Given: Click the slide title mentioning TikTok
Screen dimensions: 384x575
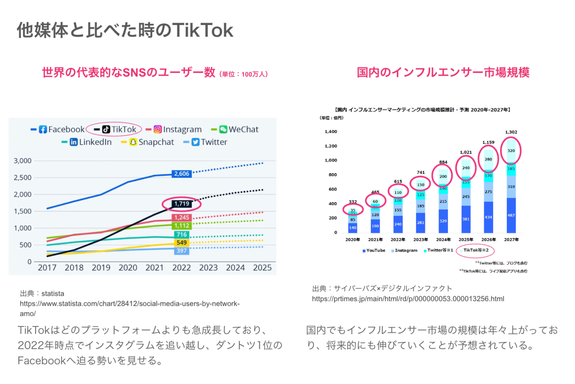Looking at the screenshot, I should [x=125, y=30].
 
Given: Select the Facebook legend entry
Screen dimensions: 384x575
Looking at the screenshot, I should [x=58, y=130].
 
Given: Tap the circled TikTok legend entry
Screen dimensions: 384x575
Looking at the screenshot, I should [x=114, y=130].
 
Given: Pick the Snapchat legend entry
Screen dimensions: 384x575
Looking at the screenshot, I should [x=148, y=142].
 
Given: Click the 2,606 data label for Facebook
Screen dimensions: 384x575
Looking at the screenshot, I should [x=182, y=174].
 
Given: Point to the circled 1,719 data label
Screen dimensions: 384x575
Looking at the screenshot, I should [x=182, y=204].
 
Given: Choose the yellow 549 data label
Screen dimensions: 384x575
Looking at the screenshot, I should [x=182, y=243].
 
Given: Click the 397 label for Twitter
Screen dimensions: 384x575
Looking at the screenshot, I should [x=182, y=251].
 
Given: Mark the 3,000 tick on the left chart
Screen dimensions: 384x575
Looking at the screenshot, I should [x=23, y=161].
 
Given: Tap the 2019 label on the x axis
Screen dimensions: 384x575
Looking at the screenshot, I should [x=101, y=268].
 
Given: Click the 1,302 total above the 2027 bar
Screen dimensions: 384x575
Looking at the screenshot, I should [x=511, y=132].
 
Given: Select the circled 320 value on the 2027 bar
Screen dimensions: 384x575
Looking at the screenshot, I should [x=511, y=151].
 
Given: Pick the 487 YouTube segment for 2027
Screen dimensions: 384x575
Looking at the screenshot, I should [x=511, y=215].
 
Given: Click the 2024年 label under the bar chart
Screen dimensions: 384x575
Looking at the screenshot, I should [x=443, y=240].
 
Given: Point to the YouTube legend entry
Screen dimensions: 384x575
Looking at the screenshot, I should [x=374, y=251].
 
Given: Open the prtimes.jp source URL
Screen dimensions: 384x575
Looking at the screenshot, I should [x=408, y=299].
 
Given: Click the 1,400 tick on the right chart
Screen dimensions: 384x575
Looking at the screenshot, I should [x=331, y=132].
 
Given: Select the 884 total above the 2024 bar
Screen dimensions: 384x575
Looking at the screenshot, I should [x=443, y=162].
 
